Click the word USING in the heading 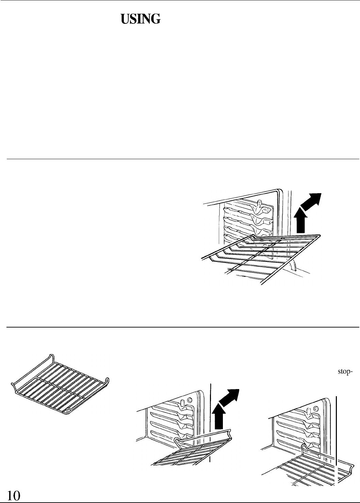140,20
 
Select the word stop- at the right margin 345,371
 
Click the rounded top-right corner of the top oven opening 280,191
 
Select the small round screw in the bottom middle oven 190,399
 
